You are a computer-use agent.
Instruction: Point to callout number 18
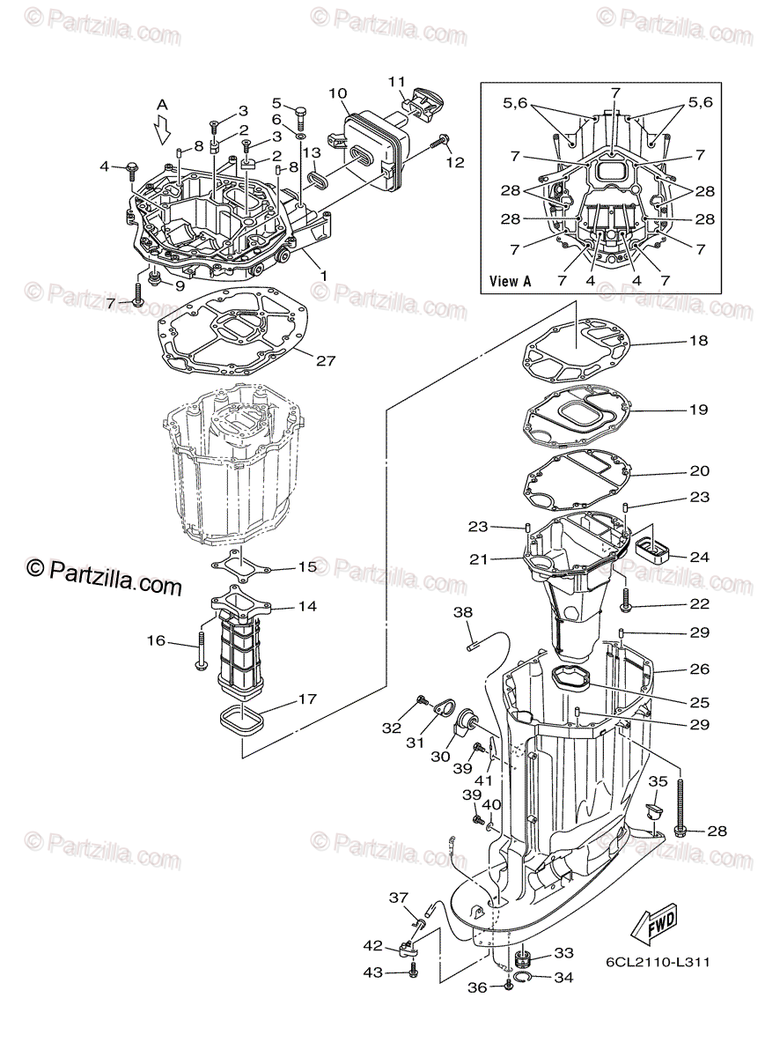pos(698,340)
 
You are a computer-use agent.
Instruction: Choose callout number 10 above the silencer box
pos(338,92)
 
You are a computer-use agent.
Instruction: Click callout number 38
pos(463,612)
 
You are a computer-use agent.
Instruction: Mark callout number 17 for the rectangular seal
pos(306,699)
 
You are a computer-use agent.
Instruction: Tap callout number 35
pos(658,780)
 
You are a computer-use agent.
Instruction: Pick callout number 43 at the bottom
pos(374,972)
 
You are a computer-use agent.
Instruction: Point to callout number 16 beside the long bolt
pos(156,640)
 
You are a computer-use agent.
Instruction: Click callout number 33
pos(563,953)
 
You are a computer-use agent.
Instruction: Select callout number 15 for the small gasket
pos(306,567)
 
